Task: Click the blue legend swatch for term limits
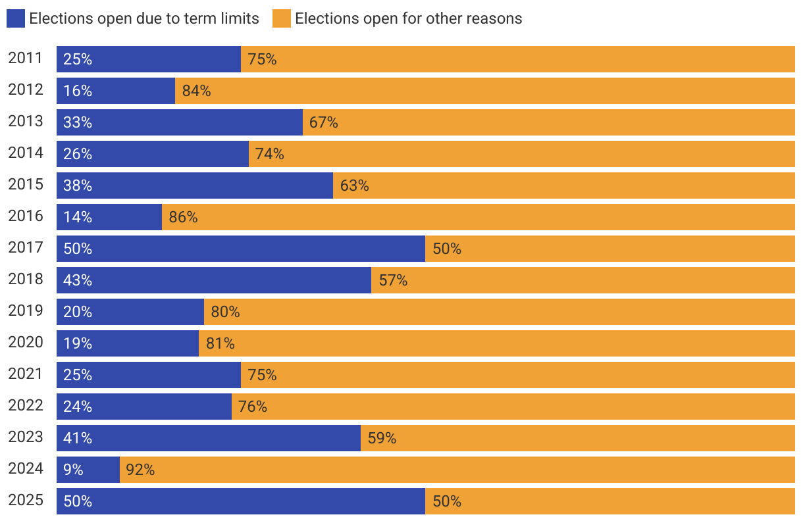[x=16, y=18]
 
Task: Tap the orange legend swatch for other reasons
[x=281, y=18]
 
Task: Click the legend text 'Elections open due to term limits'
[x=144, y=18]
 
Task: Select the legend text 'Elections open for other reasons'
[x=408, y=18]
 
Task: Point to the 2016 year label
[x=25, y=216]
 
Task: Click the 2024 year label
[x=25, y=469]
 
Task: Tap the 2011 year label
[x=25, y=59]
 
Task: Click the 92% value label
[x=140, y=470]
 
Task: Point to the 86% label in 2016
[x=183, y=217]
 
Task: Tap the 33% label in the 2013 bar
[x=78, y=122]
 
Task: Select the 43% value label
[x=78, y=280]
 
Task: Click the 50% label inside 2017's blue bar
[x=78, y=249]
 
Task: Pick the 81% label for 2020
[x=220, y=343]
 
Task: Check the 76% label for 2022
[x=253, y=407]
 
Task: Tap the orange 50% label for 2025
[x=447, y=501]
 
